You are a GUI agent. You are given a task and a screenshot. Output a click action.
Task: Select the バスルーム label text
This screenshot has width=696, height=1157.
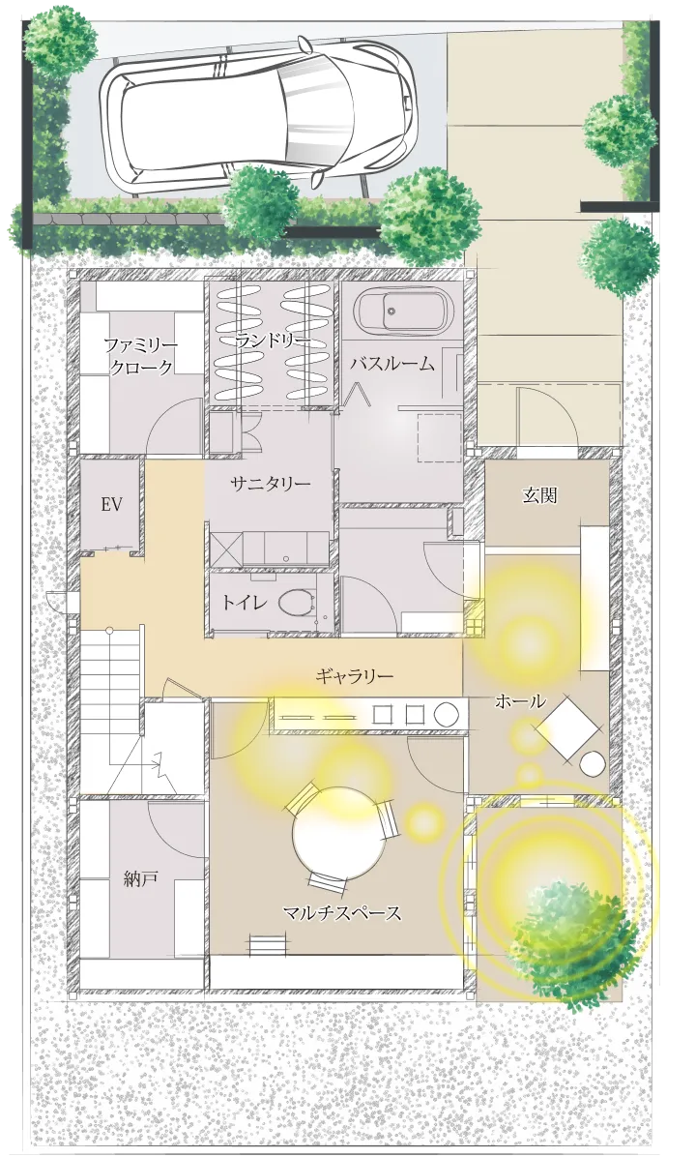tap(391, 365)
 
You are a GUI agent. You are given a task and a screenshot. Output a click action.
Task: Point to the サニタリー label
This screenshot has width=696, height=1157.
tap(271, 484)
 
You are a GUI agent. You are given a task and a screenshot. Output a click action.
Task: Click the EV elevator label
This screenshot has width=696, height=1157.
tap(110, 504)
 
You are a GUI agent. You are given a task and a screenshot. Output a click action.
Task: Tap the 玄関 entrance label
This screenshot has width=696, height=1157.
tap(540, 495)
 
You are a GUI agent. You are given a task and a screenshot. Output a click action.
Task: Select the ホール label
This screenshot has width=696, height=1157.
tap(520, 700)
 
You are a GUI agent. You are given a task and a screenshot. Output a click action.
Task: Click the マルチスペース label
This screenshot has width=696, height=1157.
tap(341, 911)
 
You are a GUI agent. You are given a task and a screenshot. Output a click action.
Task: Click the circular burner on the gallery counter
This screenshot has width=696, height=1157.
tap(446, 714)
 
